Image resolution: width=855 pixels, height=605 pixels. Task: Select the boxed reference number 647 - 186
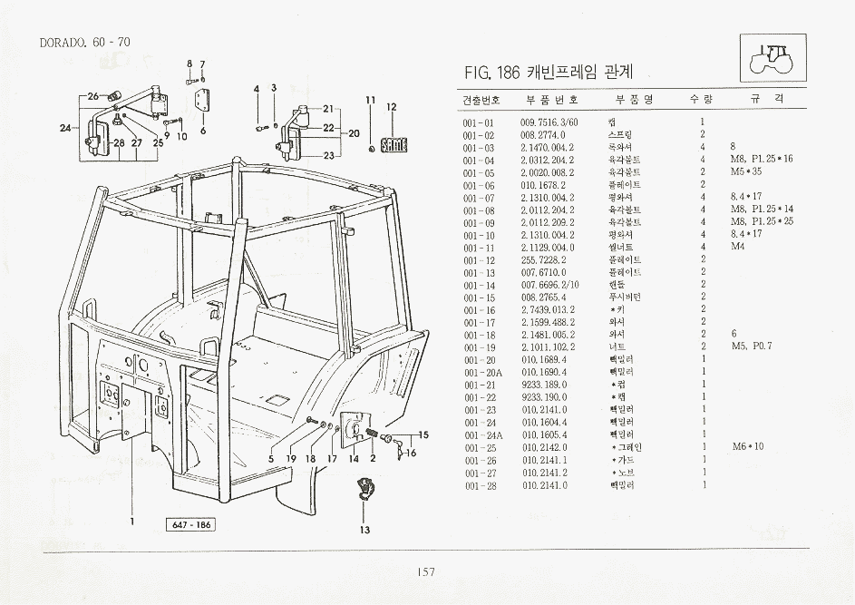[x=189, y=525]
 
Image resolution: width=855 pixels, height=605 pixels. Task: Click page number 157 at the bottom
[x=426, y=571]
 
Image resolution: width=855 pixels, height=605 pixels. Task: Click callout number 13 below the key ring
[x=364, y=531]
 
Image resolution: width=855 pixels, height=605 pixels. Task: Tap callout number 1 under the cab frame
[x=132, y=521]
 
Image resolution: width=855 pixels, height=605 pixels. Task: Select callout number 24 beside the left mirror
[x=64, y=128]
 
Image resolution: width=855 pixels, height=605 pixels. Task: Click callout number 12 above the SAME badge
[x=392, y=107]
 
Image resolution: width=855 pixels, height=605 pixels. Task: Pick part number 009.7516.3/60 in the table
[x=549, y=122]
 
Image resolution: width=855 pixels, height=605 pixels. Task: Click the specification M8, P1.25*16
[x=761, y=160]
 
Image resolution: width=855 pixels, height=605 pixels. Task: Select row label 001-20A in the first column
[x=481, y=372]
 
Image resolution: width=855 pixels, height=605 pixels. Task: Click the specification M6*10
[x=747, y=447]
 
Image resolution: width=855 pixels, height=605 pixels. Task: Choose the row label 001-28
[x=478, y=485]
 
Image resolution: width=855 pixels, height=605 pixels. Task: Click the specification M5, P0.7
[x=751, y=346]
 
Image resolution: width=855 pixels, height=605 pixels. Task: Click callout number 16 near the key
[x=411, y=453]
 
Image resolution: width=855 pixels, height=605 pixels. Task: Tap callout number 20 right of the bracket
[x=355, y=132]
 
